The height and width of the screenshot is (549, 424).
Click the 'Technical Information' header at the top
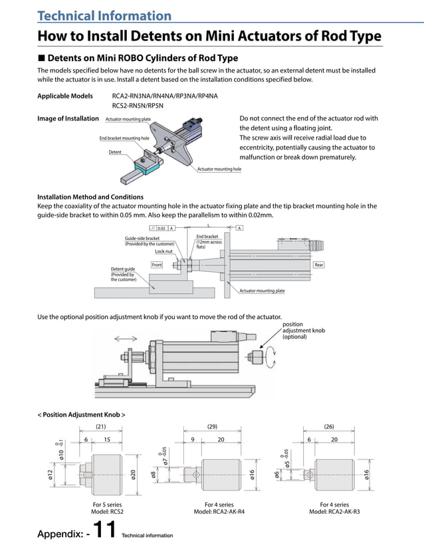[104, 15]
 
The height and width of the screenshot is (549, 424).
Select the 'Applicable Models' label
[64, 96]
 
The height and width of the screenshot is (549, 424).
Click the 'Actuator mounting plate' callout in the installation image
[128, 119]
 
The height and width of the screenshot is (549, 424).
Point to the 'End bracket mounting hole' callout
[124, 138]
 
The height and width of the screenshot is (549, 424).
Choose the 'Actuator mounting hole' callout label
[219, 169]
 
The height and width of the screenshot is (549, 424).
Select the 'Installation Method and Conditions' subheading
[90, 197]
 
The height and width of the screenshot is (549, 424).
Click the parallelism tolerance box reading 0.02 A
[162, 228]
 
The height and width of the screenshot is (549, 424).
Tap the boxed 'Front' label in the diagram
[157, 265]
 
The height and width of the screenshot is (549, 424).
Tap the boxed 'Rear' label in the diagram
[319, 265]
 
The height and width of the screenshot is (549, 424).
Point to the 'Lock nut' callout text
[164, 252]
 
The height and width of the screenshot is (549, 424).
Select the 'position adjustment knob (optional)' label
[303, 330]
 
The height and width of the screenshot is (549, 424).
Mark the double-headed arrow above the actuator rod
[127, 338]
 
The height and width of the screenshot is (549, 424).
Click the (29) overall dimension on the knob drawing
[213, 426]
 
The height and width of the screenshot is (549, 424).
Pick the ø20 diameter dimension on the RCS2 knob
[134, 474]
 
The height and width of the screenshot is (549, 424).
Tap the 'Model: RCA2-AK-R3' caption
[334, 512]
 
